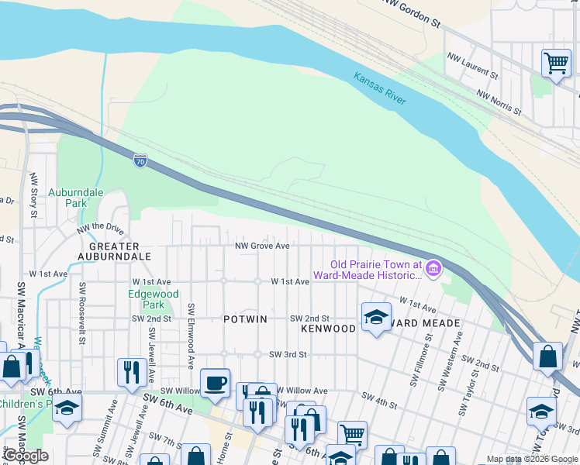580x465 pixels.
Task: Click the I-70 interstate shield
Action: click(140, 160)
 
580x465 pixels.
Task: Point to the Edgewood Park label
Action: click(154, 299)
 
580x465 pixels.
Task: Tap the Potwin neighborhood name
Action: click(245, 319)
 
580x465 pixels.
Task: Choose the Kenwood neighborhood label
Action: click(328, 329)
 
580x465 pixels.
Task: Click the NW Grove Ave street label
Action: click(263, 246)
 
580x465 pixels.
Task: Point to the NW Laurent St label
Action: click(473, 66)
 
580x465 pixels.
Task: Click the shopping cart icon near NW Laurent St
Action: click(556, 62)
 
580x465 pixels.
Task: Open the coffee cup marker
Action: click(215, 381)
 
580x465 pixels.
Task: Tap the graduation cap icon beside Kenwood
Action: click(376, 316)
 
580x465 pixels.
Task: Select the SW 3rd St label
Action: click(288, 354)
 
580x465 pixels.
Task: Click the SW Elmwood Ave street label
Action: click(190, 336)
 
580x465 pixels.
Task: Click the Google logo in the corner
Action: click(26, 456)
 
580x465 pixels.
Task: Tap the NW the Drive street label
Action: click(100, 229)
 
